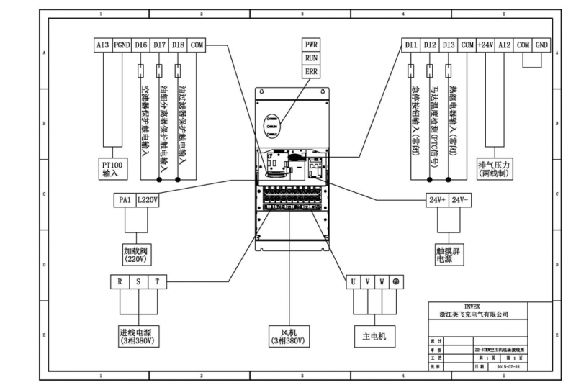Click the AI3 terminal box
coord(102,45)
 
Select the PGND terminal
coord(122,45)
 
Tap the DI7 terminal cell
coord(160,45)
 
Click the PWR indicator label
coord(311,44)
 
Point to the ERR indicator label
coord(311,72)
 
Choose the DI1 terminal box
coord(411,45)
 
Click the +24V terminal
coord(486,45)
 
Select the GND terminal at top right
coord(541,45)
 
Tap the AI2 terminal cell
coord(505,45)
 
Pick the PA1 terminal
coord(123,199)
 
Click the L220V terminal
coord(147,199)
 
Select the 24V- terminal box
coord(462,199)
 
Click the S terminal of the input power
coord(139,281)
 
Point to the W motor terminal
coord(382,281)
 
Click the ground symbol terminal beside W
coord(396,281)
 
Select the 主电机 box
coord(372,336)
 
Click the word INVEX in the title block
coord(473,305)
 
